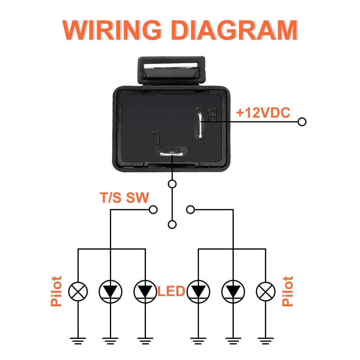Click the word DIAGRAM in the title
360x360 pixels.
[x=235, y=31]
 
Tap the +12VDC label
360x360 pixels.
[x=263, y=113]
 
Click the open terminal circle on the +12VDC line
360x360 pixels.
[x=302, y=122]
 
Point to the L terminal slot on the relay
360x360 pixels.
[x=172, y=153]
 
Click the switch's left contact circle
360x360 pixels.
[x=153, y=210]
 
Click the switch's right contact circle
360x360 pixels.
[x=191, y=210]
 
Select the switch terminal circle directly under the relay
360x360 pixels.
[x=172, y=184]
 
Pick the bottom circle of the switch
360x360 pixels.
[x=172, y=225]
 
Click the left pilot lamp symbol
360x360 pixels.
[x=78, y=291]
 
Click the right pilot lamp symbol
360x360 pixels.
[x=266, y=291]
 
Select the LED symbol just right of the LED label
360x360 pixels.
[x=199, y=291]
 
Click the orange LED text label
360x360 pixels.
[x=172, y=291]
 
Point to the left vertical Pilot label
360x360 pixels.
[x=57, y=291]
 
